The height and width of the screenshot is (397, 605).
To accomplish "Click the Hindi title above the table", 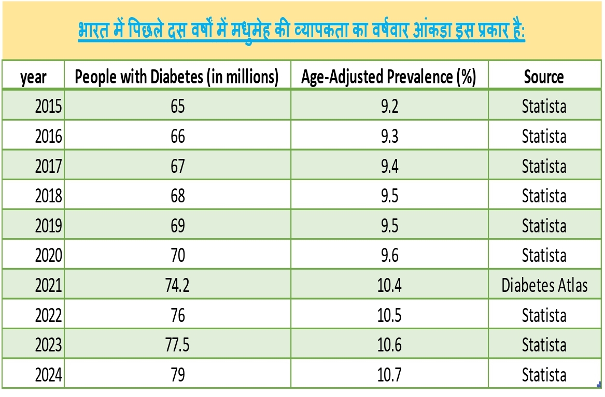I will click(302, 32).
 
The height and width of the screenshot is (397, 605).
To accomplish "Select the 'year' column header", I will click(33, 77).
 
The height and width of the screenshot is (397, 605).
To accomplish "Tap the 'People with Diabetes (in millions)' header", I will click(177, 77).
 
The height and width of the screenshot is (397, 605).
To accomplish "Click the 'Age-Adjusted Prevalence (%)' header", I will click(389, 77).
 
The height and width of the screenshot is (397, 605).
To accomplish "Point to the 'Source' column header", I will click(544, 77).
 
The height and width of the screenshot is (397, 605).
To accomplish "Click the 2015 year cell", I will click(48, 107).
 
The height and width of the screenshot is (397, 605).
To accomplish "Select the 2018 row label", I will click(48, 196).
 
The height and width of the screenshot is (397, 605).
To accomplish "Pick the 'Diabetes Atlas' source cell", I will click(544, 285).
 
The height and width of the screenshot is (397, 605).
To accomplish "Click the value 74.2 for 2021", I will click(177, 285).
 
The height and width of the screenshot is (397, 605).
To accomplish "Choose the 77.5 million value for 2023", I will click(177, 345).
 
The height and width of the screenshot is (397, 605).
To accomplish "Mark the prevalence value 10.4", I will click(389, 285).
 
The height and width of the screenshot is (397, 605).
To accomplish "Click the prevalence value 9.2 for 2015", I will click(389, 107).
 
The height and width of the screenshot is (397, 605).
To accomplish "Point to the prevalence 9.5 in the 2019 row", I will click(389, 226).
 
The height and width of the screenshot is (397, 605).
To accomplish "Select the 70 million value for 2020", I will click(177, 256).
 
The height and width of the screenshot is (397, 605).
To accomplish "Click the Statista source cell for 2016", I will click(544, 137).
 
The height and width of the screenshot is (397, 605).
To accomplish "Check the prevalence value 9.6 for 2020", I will click(389, 256).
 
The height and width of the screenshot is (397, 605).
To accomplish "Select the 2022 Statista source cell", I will click(544, 315).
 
